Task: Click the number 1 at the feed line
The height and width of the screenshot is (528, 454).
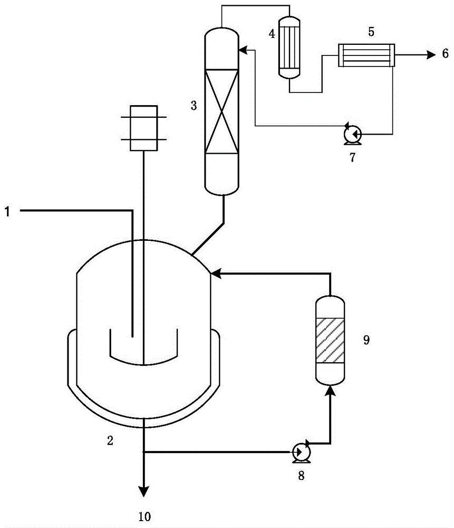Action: coord(7,212)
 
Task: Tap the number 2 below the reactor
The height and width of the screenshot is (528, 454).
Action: coord(110,440)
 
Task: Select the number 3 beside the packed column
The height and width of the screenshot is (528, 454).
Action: coord(194,106)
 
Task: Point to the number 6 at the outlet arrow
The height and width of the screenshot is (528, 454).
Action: coord(445,53)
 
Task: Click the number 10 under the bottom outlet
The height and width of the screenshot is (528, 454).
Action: coord(144,516)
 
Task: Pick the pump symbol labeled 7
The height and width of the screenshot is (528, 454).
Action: coord(352,135)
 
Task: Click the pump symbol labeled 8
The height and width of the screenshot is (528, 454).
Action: coord(301,452)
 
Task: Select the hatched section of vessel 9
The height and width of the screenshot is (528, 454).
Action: coord(330,340)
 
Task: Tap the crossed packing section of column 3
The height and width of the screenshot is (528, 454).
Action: coord(221,111)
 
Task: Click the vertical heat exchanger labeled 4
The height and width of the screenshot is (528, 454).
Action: coord(289,48)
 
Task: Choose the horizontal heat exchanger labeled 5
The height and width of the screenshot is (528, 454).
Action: coord(366,55)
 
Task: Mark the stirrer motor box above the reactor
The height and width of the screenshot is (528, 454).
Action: coord(143,128)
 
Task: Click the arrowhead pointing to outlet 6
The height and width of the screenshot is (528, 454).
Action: coord(431,54)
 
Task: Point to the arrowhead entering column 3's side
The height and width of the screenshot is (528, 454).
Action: coord(243,50)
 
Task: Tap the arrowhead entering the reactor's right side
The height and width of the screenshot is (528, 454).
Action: coord(216,274)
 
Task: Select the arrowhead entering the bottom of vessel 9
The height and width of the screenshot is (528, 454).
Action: coord(330,391)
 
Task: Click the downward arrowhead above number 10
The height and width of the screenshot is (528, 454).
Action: coord(144,491)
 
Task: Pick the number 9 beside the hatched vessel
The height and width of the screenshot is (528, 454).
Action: coord(366,340)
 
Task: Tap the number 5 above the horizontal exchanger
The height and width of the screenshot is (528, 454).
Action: coord(371,32)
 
